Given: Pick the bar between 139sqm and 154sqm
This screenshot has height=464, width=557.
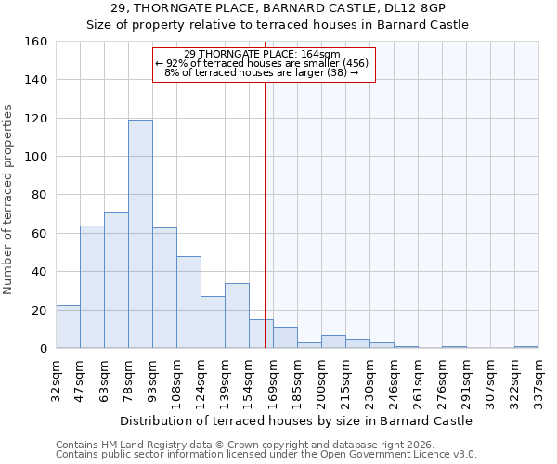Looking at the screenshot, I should (x=237, y=316).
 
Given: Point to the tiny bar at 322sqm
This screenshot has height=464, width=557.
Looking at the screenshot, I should (x=526, y=347).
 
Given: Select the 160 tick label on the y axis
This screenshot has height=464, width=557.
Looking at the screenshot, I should (x=35, y=42).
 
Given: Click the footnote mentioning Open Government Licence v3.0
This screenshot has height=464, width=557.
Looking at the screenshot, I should (x=266, y=455).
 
